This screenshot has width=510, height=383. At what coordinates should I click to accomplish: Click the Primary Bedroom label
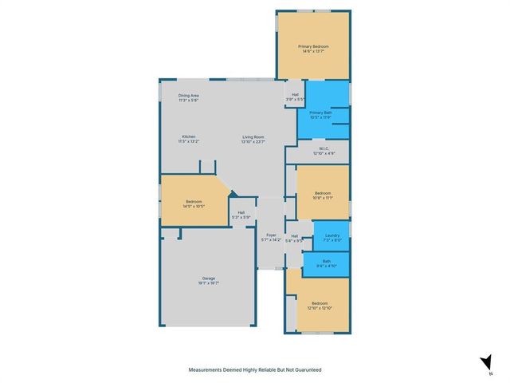coord(312,47)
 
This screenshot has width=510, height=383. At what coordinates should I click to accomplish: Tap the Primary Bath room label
coord(320,114)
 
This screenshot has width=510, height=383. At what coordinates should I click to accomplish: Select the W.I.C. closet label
coord(324,148)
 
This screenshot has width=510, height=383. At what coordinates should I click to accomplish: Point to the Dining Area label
coord(188,95)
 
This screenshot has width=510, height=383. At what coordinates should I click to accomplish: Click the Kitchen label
coord(189,136)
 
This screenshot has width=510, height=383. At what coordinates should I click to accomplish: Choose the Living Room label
coord(254,136)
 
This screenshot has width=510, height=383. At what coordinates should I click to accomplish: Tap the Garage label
coord(207,278)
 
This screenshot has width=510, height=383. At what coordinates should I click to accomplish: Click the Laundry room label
coord(332,235)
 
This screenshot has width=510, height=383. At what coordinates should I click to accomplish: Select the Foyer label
coord(271,235)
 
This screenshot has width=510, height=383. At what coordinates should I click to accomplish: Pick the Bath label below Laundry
coord(326,261)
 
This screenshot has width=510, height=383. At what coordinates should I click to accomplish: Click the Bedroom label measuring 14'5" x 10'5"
coord(194,201)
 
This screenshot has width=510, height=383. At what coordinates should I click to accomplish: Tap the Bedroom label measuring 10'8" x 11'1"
coord(323,193)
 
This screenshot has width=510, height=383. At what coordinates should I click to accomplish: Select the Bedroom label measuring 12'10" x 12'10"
coord(320,303)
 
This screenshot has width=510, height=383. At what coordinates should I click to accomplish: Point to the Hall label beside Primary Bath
coord(296,95)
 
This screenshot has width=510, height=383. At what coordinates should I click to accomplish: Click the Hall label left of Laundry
coord(294,235)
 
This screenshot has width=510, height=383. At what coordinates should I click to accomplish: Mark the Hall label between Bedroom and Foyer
coord(241,212)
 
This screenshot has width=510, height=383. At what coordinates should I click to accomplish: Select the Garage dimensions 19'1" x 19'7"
coord(207,282)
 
